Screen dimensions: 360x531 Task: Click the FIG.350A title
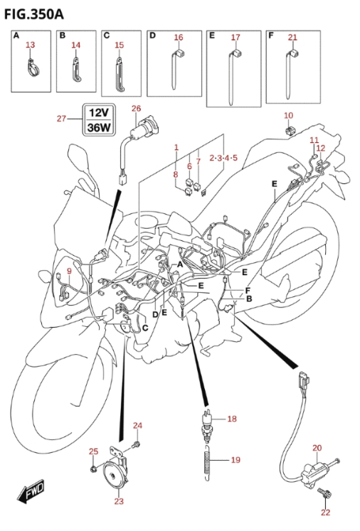click(34, 14)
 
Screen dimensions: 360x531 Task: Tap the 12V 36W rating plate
click(98, 120)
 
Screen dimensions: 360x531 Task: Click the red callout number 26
click(136, 108)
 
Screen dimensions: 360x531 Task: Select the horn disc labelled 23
click(114, 476)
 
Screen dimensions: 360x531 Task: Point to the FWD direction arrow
click(31, 490)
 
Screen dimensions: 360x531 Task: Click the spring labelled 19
click(208, 461)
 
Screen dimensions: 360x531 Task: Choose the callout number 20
click(317, 448)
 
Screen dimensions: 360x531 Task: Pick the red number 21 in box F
click(292, 38)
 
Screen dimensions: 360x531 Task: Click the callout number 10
click(288, 115)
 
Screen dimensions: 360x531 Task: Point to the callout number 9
click(69, 271)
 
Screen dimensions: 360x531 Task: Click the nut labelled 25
click(93, 469)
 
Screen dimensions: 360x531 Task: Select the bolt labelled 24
click(137, 444)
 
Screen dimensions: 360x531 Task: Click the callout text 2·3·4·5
click(223, 158)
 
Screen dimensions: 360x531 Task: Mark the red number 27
click(61, 119)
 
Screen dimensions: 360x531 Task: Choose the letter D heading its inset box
click(152, 36)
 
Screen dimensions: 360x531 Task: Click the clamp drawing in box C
click(120, 75)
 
